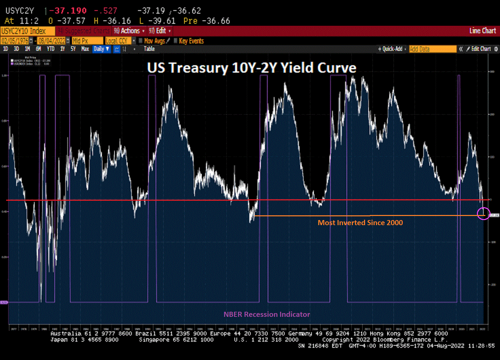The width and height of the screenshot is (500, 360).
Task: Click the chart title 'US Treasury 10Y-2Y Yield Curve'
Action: [252, 68]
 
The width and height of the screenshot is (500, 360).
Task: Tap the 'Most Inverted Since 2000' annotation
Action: [360, 223]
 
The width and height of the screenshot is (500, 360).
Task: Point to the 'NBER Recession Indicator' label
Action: [267, 314]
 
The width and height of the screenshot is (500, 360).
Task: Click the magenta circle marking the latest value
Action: [483, 213]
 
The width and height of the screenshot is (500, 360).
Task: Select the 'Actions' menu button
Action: [129, 31]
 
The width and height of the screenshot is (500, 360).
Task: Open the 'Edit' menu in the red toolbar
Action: [160, 31]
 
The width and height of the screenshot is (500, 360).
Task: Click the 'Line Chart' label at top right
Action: [482, 31]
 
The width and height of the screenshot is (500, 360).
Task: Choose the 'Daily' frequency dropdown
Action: [101, 49]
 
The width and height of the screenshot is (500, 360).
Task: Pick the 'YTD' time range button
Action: [51, 49]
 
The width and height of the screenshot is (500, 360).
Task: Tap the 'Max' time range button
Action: [85, 49]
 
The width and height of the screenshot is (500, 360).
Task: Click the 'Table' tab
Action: [149, 49]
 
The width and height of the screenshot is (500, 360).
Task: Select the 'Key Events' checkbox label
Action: [191, 41]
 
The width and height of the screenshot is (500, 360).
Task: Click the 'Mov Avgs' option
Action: [155, 41]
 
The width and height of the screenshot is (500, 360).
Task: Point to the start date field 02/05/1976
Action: [15, 41]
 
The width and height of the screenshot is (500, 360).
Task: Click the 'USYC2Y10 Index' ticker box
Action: [24, 31]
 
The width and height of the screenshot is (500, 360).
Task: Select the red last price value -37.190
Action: [68, 11]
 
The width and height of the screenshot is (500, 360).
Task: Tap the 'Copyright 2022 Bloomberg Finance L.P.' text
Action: [385, 340]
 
